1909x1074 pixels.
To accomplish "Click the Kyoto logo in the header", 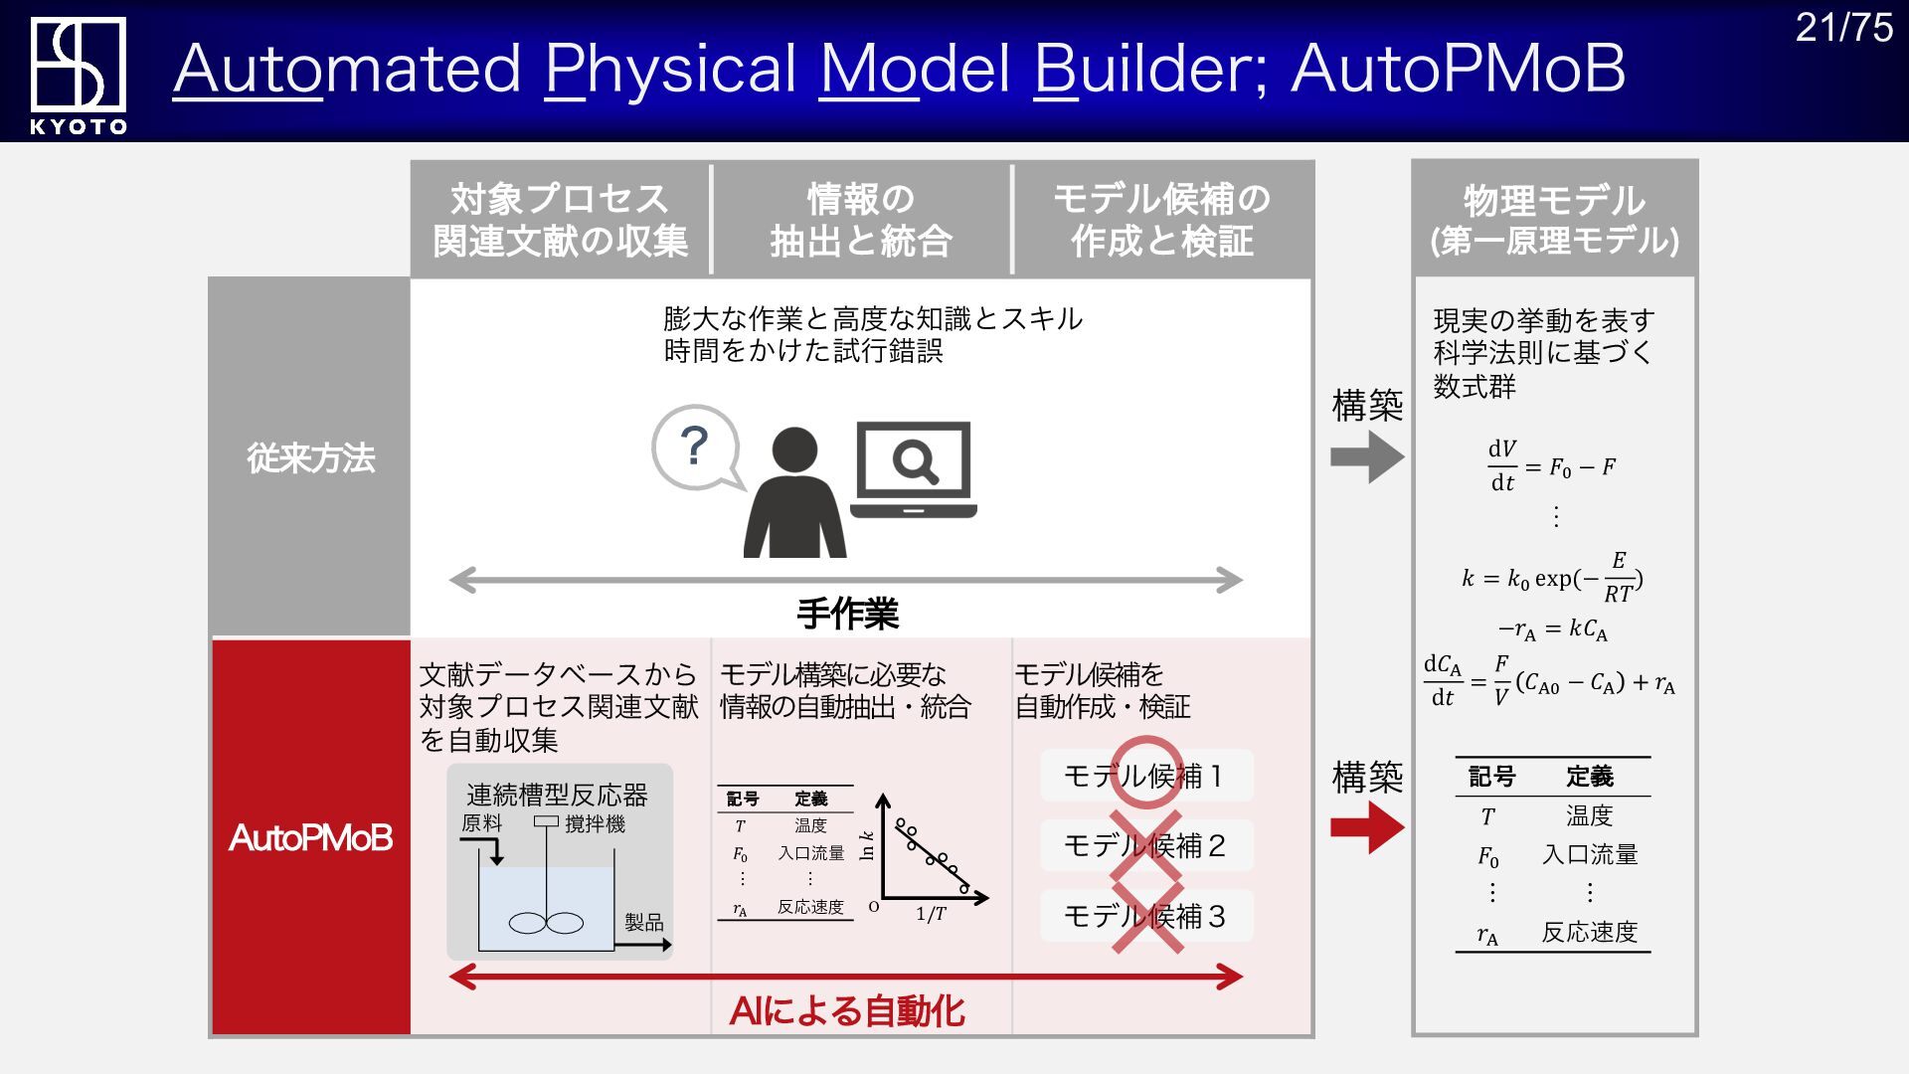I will tap(78, 73).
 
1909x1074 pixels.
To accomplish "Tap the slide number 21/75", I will tap(1843, 28).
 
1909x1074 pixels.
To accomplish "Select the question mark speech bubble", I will tap(696, 447).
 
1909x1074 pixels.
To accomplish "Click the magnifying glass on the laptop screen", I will tap(914, 461).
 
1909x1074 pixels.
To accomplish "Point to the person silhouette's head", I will tap(794, 449).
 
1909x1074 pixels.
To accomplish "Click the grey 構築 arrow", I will tap(1367, 456).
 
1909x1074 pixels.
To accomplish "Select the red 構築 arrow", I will tap(1367, 826).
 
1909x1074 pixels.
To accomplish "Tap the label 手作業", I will tap(847, 614).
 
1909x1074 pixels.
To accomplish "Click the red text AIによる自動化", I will tap(847, 1011).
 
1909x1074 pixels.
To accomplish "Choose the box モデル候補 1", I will tap(1145, 776).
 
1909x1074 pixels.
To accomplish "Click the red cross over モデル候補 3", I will tap(1147, 916).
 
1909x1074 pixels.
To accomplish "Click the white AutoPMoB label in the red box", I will tap(310, 838).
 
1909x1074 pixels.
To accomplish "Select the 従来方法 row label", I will tap(310, 458).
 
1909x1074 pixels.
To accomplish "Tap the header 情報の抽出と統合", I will tap(861, 220).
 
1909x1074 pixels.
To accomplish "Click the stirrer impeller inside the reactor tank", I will tap(546, 923).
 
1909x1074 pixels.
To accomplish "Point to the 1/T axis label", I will tap(931, 914).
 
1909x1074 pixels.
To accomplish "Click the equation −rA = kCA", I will tap(1552, 629).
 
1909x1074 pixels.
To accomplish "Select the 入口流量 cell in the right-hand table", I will tap(1589, 854).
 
